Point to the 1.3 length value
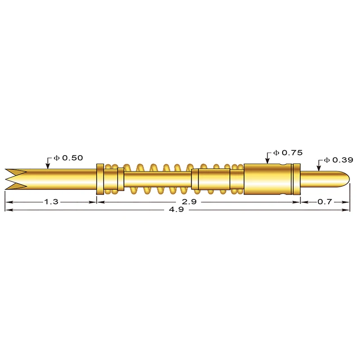pos(51,202)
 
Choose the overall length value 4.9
pos(176,210)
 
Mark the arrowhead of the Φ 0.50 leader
pos(47,167)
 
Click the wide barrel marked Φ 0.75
pos(268,179)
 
